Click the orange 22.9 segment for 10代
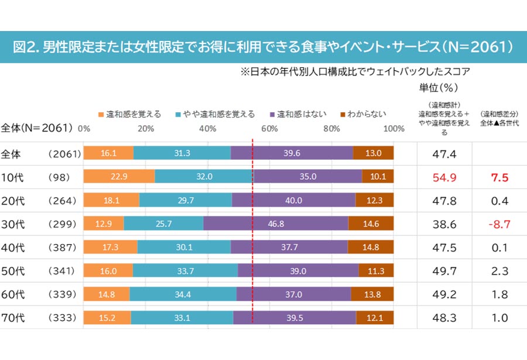click(119, 176)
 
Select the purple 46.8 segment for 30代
click(276, 224)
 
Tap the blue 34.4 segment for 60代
click(183, 294)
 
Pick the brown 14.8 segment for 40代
click(371, 247)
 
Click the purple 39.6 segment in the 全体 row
click(292, 153)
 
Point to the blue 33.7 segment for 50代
click(185, 270)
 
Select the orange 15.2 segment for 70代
click(107, 318)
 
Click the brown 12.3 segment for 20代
click(374, 200)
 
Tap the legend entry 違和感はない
click(299, 114)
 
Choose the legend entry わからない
click(363, 114)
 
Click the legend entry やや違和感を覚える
click(215, 114)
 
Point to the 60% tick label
click(269, 129)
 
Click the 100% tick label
click(394, 129)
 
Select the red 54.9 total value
click(444, 177)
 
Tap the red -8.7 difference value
click(499, 224)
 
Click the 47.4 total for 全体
click(444, 154)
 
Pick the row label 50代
click(13, 271)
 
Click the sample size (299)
click(62, 224)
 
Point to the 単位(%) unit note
click(438, 88)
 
